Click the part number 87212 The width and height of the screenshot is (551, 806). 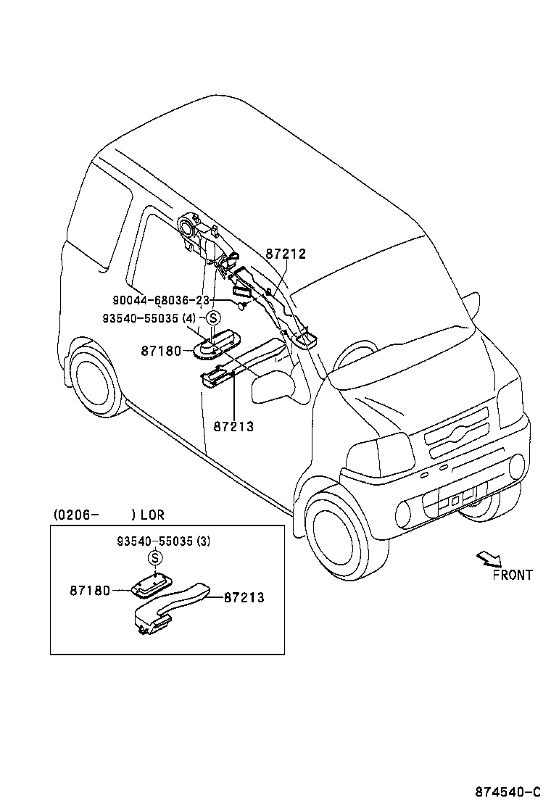tap(285, 254)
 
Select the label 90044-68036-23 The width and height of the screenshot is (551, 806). tap(161, 300)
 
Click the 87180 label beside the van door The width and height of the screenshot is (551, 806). tap(160, 351)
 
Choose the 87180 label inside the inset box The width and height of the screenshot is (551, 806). tap(90, 591)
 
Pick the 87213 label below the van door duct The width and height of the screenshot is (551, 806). tap(233, 426)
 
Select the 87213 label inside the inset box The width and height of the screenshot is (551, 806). tap(244, 598)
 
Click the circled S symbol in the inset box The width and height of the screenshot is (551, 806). tap(154, 557)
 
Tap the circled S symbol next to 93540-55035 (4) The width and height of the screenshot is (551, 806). tap(213, 317)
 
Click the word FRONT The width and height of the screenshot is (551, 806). tap(512, 575)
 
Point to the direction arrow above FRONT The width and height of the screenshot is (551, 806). tap(488, 558)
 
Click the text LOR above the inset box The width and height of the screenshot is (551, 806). tap(152, 515)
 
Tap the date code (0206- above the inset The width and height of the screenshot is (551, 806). tap(75, 515)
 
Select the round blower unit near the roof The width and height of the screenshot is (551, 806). tap(188, 228)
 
